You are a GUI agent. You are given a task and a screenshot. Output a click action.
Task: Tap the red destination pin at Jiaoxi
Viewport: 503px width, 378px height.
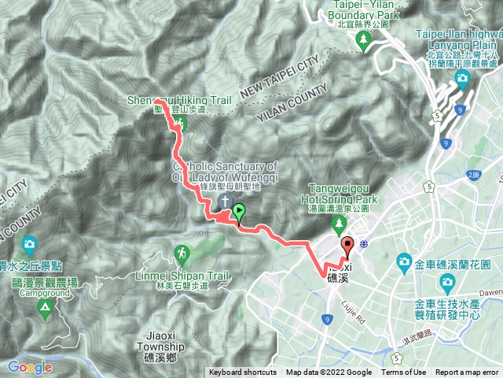pos(347,245)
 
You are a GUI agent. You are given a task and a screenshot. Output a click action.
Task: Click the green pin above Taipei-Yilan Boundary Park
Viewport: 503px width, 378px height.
pos(363,44)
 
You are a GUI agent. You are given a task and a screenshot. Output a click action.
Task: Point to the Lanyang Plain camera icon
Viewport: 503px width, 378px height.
pos(462,78)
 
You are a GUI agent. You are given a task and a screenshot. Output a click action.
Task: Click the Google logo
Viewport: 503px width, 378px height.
pos(30,367)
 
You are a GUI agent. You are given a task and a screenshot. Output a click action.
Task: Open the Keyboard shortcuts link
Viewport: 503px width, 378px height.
pos(243,372)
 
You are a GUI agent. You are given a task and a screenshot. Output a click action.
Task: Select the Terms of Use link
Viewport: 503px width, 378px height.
pos(404,372)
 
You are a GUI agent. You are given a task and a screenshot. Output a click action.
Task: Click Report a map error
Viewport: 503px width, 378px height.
pos(468,372)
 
